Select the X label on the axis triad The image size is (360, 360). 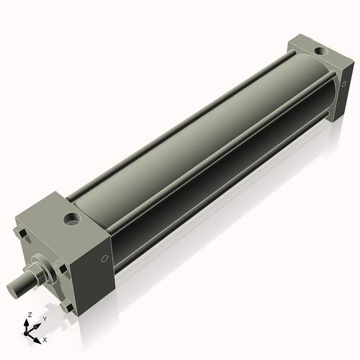coord(45,338)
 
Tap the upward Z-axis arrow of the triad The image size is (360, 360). coord(28,323)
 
